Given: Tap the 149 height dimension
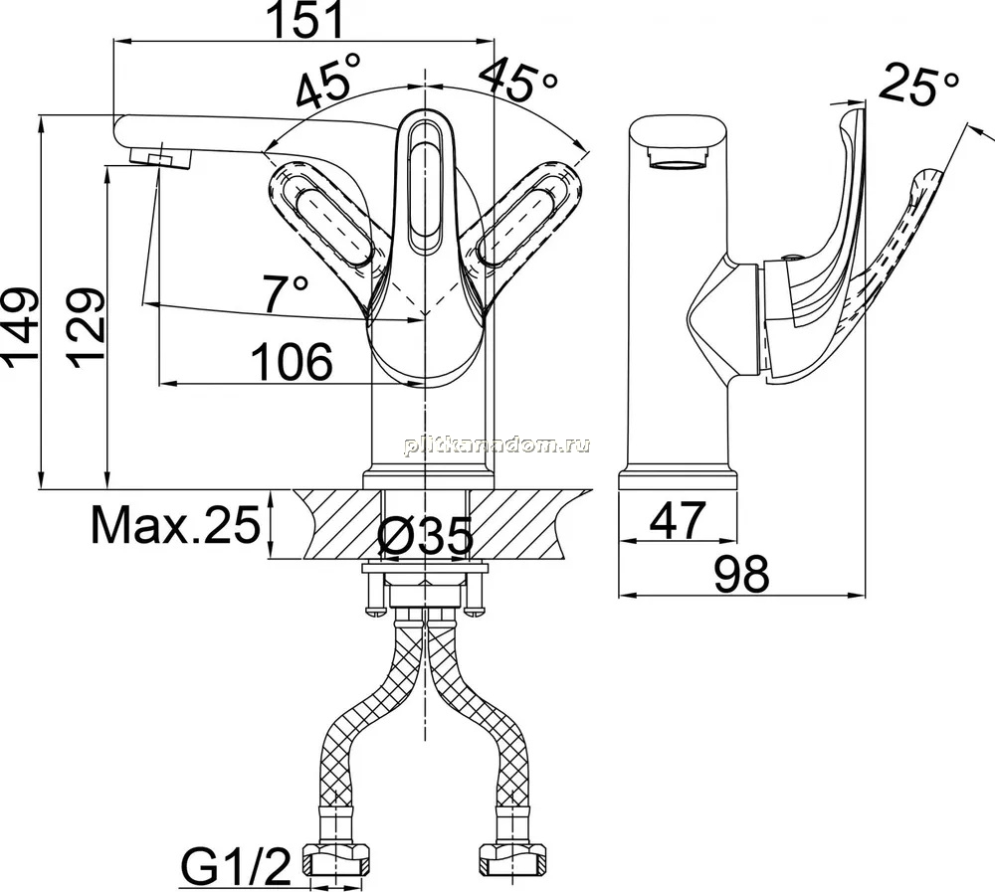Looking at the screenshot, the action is click(x=21, y=328).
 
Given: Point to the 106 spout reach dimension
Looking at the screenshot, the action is click(x=292, y=362).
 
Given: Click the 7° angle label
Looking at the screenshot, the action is click(x=286, y=293).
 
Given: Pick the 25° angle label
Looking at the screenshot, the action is click(x=918, y=84).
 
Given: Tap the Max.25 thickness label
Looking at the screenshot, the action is click(x=176, y=525).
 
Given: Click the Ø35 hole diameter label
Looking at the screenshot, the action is click(x=425, y=536).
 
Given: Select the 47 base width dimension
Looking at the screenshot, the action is click(x=678, y=520).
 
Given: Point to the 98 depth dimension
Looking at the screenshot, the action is click(x=742, y=574).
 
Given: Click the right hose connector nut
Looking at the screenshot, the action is click(x=514, y=858).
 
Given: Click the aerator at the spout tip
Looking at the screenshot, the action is click(x=160, y=156).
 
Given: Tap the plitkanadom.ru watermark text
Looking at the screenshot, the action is click(x=497, y=446).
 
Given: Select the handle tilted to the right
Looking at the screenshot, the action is click(x=527, y=223).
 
